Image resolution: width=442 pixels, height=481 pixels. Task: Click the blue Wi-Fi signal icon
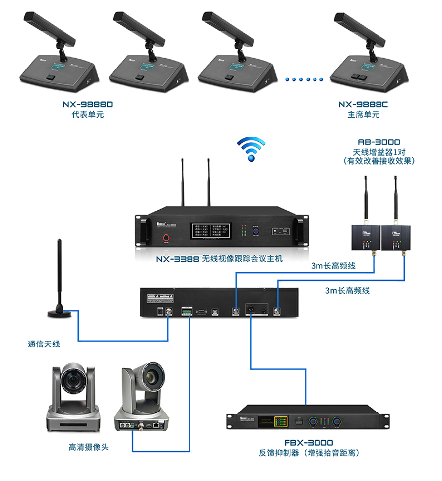pos(251,148)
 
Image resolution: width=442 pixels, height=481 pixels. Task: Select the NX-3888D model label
pos(87,105)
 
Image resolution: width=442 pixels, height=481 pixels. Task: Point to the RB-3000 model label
pos(379,142)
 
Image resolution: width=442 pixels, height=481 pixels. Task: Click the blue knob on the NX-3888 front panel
pos(256,232)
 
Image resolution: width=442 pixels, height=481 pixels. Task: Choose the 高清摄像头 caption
pos(90,448)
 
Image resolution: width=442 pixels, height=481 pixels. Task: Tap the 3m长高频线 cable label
pos(333,266)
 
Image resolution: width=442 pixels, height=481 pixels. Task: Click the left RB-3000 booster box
pos(365,237)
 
